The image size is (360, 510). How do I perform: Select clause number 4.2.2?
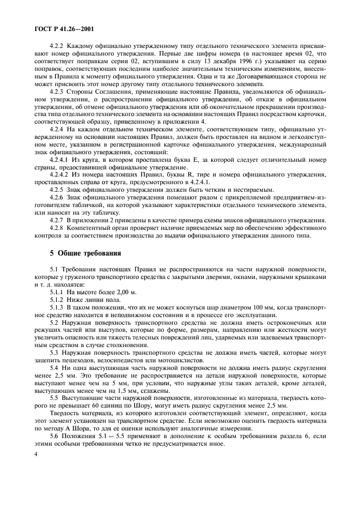57,47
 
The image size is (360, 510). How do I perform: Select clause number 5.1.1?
57,293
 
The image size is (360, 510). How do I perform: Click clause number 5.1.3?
57,309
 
